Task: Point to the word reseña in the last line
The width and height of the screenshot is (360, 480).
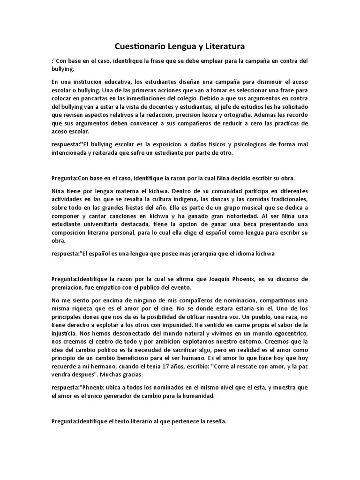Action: point(216,421)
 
